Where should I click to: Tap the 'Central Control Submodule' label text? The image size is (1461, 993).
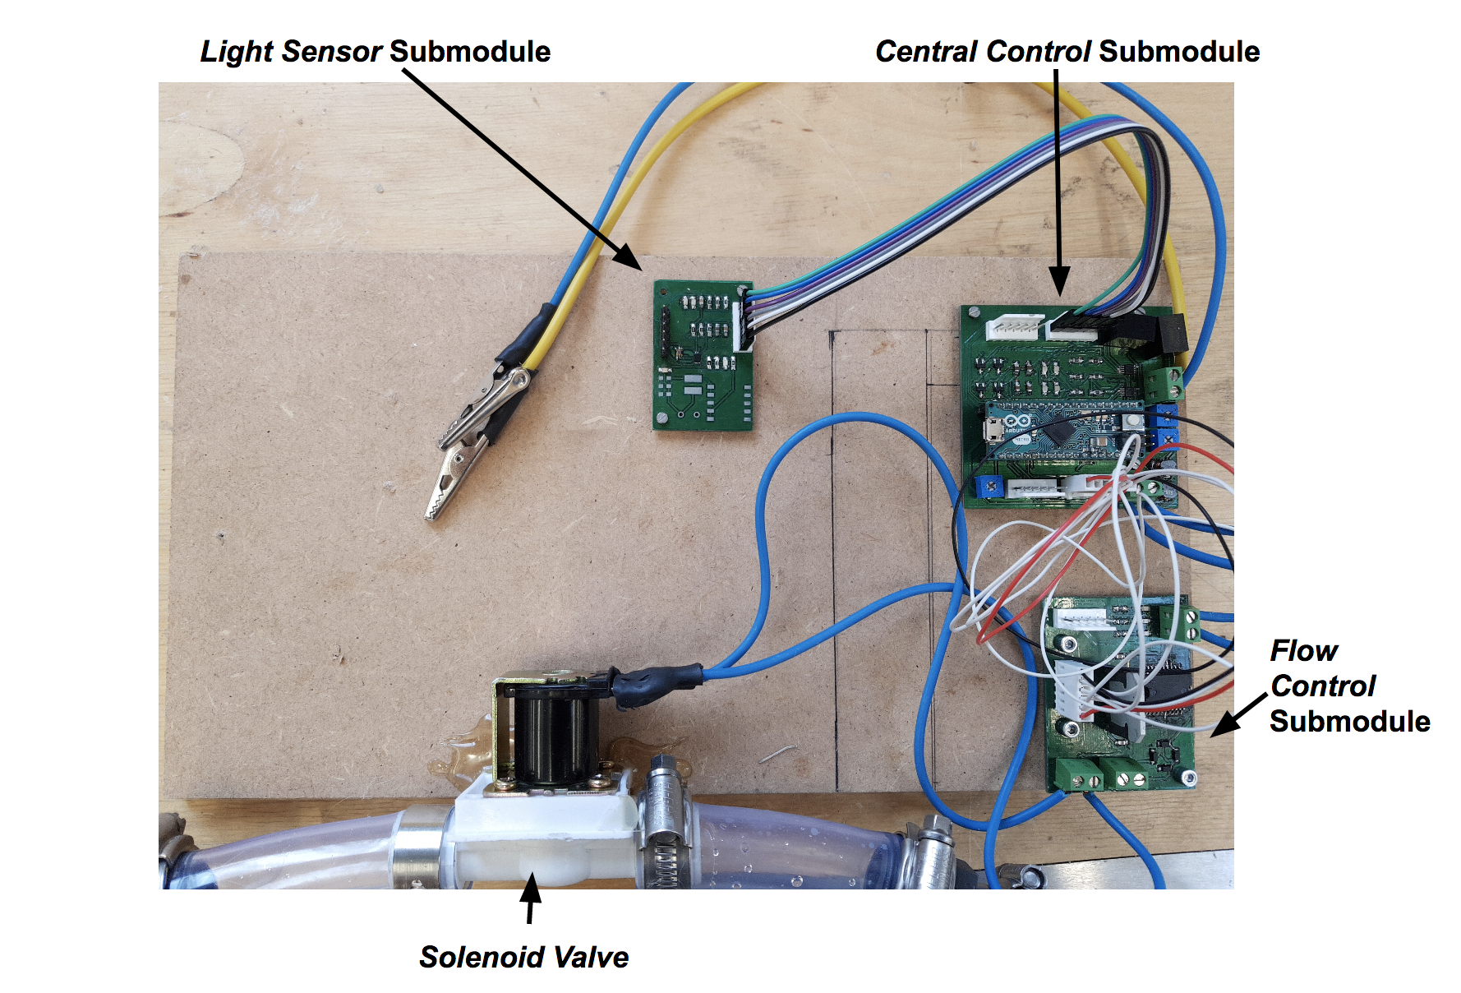click(1067, 51)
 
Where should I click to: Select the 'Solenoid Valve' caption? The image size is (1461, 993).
click(523, 957)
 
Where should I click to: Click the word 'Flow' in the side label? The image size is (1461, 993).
click(1303, 650)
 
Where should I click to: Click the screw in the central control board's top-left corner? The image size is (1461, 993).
click(973, 313)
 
